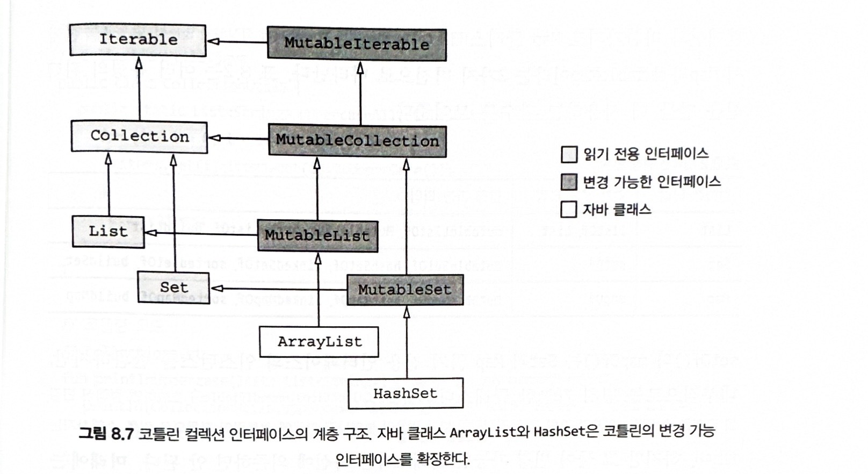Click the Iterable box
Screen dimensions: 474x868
138,40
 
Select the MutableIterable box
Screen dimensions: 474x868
357,44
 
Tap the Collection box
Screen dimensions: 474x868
139,137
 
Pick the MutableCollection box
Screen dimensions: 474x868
357,141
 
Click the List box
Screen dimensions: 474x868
108,232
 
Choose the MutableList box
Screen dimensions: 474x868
317,236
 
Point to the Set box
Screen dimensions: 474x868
173,288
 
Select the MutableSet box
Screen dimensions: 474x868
404,290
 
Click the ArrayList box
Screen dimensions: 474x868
319,342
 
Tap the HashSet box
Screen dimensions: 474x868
406,393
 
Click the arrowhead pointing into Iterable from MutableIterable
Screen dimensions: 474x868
212,41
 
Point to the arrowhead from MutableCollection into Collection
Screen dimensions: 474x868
213,138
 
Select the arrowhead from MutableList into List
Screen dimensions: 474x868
151,233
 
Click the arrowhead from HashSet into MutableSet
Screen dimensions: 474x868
407,312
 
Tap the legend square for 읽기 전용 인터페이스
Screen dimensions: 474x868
569,155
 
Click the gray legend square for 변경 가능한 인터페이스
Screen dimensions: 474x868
569,182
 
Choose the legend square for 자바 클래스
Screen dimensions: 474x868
569,209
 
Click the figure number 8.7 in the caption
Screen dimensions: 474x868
121,433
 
